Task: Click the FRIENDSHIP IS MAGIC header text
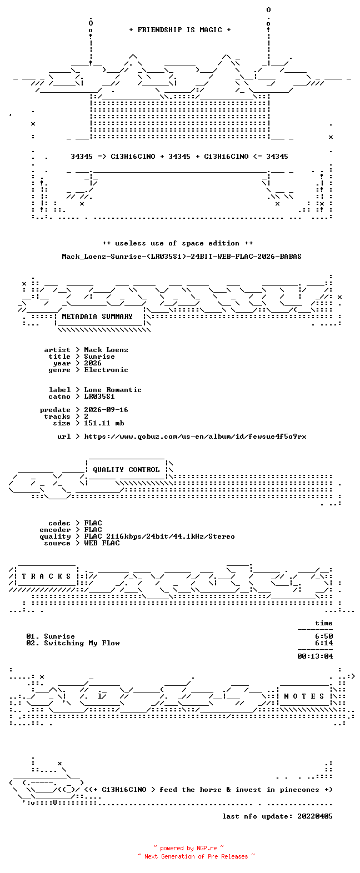pos(180,30)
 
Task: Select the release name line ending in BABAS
pos(181,257)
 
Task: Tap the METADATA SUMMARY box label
pos(97,317)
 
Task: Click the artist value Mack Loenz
pos(106,350)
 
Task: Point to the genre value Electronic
pos(106,370)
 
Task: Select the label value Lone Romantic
pos(113,390)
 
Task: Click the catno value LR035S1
pos(99,397)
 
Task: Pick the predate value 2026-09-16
pos(106,410)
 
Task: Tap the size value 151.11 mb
pos(104,423)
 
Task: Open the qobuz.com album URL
pos(196,436)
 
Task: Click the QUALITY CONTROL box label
pos(126,470)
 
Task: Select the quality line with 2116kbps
pos(159,536)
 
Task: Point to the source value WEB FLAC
pos(102,543)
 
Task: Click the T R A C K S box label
pos(46,576)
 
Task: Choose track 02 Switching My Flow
pos(73,643)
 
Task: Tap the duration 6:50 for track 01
pos(324,636)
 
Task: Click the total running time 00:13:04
pos(315,656)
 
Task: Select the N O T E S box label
pos(304,696)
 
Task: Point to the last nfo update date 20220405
pos(315,816)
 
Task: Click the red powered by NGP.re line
pos(189,848)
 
